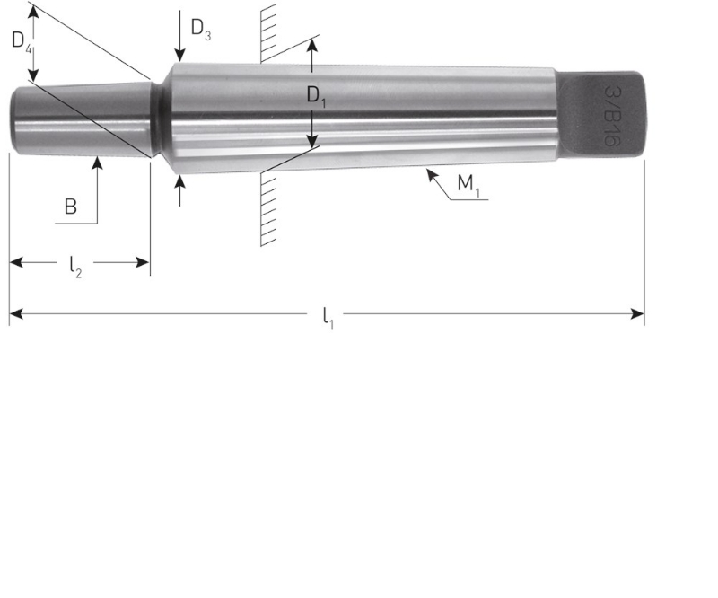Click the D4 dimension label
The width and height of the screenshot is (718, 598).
coord(22,41)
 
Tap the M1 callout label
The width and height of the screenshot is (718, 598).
coord(468,186)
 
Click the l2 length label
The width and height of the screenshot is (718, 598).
coord(75,265)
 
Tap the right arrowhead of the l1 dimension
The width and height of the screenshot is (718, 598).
coord(638,313)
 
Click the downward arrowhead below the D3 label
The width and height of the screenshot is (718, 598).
coord(179,56)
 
